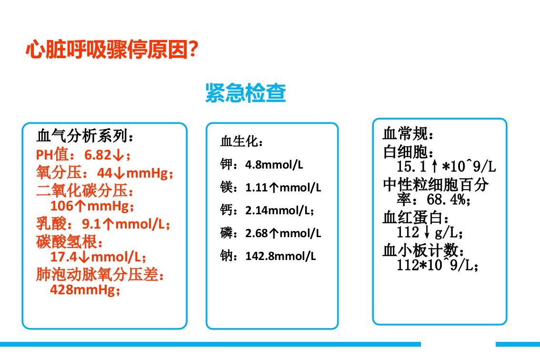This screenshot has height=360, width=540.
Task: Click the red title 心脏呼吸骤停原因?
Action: point(112,49)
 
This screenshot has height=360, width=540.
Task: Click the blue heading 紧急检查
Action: point(246,93)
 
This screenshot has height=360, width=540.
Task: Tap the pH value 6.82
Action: point(98,155)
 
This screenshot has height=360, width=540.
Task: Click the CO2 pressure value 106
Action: point(62,206)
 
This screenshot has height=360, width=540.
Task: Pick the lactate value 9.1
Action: point(91,224)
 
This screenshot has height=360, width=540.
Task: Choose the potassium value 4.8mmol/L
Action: point(274,165)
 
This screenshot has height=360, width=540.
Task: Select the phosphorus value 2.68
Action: point(257,233)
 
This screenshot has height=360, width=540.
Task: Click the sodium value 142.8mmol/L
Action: point(280,256)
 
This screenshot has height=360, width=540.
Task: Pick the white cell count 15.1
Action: point(411,167)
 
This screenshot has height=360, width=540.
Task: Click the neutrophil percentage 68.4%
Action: point(446,200)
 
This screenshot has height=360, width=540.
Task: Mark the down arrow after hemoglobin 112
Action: point(427,232)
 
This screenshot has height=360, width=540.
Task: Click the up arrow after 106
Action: point(80,206)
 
